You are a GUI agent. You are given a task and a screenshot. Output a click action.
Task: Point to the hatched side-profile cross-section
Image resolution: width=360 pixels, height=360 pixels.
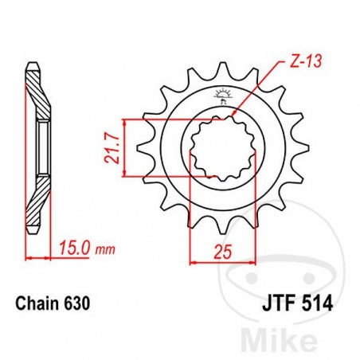[37, 147]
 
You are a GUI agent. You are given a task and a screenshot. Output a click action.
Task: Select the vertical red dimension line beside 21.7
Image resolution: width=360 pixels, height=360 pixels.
[124, 148]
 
